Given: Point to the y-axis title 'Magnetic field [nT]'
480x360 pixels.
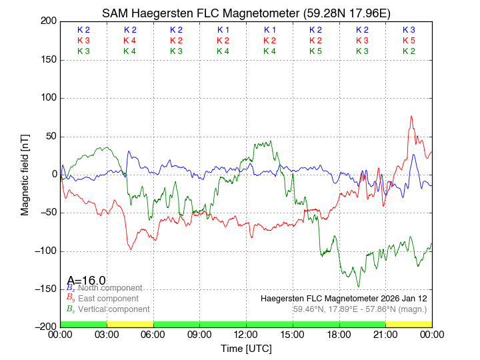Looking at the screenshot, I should tap(25, 174).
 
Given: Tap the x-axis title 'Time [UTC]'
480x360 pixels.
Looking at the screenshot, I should tap(246, 349).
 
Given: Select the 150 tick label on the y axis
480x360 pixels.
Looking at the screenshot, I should tap(47, 60).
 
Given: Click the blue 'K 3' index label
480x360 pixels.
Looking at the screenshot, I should tap(409, 30).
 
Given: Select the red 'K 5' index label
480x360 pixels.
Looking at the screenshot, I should tap(409, 41).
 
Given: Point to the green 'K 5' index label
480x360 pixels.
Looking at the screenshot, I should tap(315, 51).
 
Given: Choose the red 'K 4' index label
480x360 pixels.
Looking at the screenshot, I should tap(130, 41).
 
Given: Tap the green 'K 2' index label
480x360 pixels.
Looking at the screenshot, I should tap(409, 51).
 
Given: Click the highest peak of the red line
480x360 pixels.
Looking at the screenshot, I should tap(411, 116).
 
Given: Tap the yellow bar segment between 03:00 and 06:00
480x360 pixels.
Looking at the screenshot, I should tap(130, 324).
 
